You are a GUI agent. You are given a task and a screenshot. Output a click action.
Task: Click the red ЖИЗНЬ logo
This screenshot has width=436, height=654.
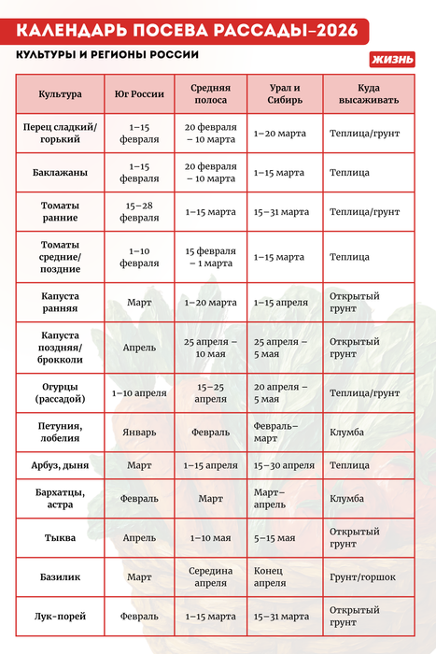click(392, 59)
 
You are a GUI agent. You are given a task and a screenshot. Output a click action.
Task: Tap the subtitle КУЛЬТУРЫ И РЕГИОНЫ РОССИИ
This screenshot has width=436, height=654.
click(107, 54)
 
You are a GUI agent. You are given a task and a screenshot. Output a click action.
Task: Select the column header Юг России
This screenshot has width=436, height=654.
click(139, 94)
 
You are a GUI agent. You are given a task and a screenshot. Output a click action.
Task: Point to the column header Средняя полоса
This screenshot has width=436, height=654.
click(210, 94)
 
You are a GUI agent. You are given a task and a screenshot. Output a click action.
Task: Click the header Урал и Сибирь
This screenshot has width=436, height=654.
click(282, 94)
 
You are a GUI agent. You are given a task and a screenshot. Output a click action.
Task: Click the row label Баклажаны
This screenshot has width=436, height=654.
click(60, 173)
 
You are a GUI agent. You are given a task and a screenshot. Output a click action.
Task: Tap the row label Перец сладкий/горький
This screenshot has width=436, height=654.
click(60, 134)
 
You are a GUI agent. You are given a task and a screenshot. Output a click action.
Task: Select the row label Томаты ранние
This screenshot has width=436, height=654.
click(60, 212)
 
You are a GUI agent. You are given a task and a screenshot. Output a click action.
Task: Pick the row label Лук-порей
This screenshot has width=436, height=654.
click(60, 617)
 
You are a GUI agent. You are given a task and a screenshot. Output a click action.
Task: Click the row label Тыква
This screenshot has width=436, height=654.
click(60, 538)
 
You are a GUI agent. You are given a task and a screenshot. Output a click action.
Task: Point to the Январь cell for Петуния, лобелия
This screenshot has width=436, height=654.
click(139, 434)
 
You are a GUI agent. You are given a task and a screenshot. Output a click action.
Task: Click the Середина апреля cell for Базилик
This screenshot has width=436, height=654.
click(210, 577)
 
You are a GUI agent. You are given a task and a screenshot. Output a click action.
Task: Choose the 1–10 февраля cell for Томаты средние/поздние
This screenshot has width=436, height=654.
click(139, 257)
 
